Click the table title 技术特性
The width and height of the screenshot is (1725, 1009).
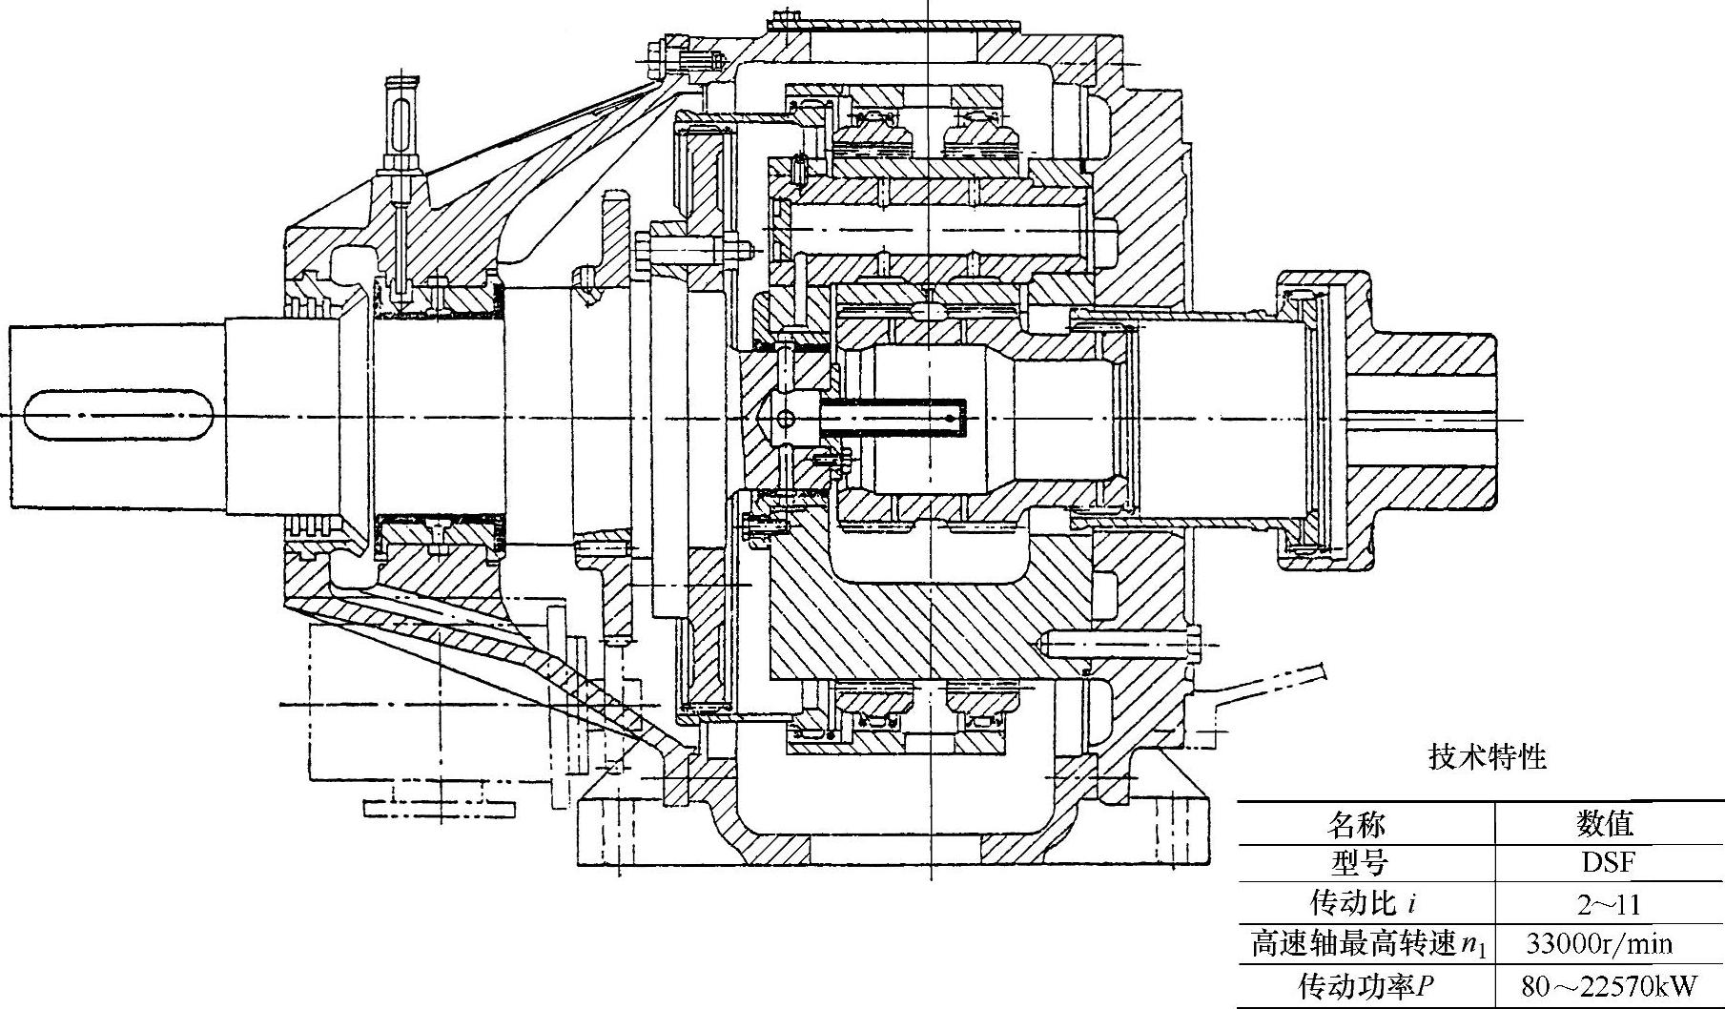(1487, 757)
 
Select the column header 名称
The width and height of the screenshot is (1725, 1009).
(1357, 823)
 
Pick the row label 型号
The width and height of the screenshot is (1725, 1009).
(1359, 863)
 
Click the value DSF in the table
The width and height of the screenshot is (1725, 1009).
(1608, 863)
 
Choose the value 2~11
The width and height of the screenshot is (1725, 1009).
(1608, 903)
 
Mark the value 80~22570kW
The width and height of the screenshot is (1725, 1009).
(1609, 986)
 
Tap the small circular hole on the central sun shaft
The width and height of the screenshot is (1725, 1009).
(785, 419)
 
